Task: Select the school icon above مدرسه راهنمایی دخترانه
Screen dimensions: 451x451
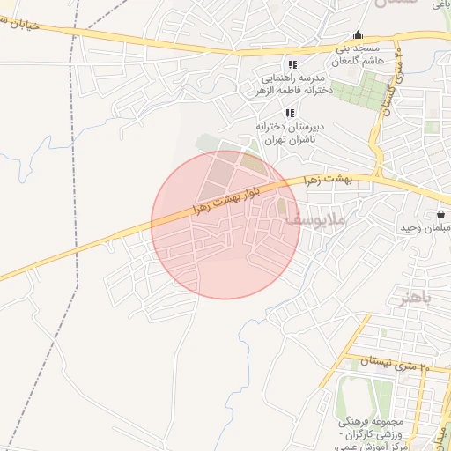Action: [x=292, y=65]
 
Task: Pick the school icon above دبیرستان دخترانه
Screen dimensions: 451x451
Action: [x=289, y=113]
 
